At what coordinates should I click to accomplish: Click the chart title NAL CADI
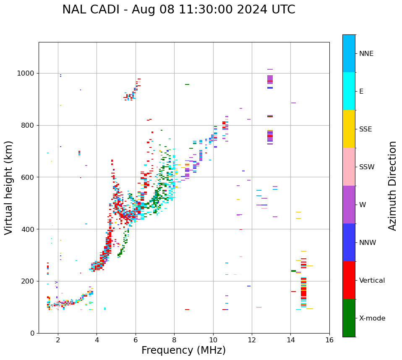[178, 10]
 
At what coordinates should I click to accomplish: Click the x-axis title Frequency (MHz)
[183, 350]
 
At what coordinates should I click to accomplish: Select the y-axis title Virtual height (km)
[9, 188]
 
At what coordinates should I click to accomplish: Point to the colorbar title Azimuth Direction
[392, 186]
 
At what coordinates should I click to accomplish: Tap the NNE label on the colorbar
[366, 54]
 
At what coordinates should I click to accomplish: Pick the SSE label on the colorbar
[366, 129]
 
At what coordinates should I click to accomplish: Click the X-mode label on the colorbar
[372, 318]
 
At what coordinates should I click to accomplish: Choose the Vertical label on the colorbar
[372, 281]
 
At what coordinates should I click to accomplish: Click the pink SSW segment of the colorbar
[349, 167]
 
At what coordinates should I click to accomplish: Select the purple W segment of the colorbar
[349, 205]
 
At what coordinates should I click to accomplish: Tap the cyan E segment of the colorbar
[349, 91]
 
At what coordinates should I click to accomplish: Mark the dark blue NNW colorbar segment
[349, 242]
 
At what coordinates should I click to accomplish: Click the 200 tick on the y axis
[29, 281]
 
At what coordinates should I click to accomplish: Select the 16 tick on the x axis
[329, 340]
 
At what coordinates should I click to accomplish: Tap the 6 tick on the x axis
[136, 340]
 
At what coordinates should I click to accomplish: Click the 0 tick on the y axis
[32, 333]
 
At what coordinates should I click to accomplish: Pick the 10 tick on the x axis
[213, 340]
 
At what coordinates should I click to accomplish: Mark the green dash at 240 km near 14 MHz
[293, 271]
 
